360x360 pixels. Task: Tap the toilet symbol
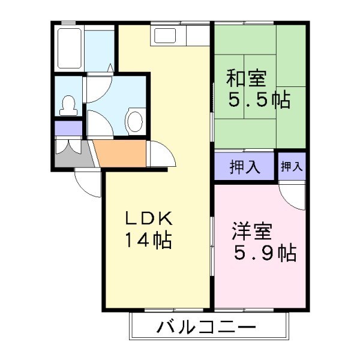[68, 106]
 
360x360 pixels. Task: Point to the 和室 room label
[246, 79]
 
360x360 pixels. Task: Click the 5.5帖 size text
[259, 100]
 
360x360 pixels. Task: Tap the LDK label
[148, 217]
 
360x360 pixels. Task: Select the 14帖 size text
[148, 240]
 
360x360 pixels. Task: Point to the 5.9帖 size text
[265, 254]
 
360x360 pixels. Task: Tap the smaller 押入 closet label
[292, 166]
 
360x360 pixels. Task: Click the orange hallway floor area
[120, 154]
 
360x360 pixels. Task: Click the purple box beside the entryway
[68, 128]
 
